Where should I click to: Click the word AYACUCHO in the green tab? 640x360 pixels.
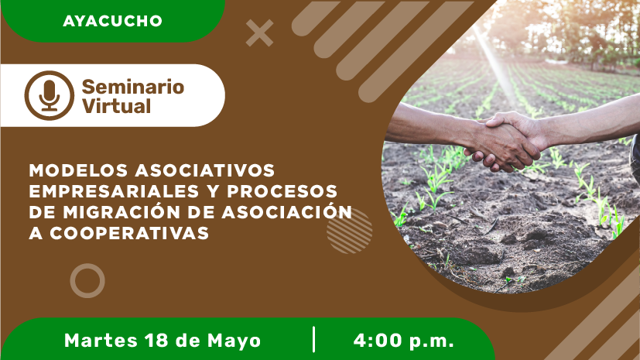coord(113,21)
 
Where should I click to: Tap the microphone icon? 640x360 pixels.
coord(50,95)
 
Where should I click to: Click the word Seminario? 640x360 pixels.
coord(133,87)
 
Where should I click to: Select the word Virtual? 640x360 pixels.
coord(116,106)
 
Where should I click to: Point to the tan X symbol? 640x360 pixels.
coord(259,33)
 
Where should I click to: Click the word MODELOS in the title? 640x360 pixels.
coord(78,170)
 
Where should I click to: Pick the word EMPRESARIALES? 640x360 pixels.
coord(115,191)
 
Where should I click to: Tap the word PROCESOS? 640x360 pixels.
coord(282,191)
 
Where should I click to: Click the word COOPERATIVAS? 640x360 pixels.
coord(129,233)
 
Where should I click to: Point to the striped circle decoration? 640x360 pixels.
coord(349,231)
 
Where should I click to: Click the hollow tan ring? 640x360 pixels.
coord(87,264)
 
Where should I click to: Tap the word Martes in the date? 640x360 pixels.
coord(101,341)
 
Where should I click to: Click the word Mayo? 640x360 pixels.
coord(234,341)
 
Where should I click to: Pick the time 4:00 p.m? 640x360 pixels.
coord(404,341)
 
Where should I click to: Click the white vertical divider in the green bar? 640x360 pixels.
coord(314,339)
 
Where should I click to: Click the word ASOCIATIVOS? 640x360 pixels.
coord(205,170)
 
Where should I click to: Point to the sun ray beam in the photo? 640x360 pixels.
coord(495,65)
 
